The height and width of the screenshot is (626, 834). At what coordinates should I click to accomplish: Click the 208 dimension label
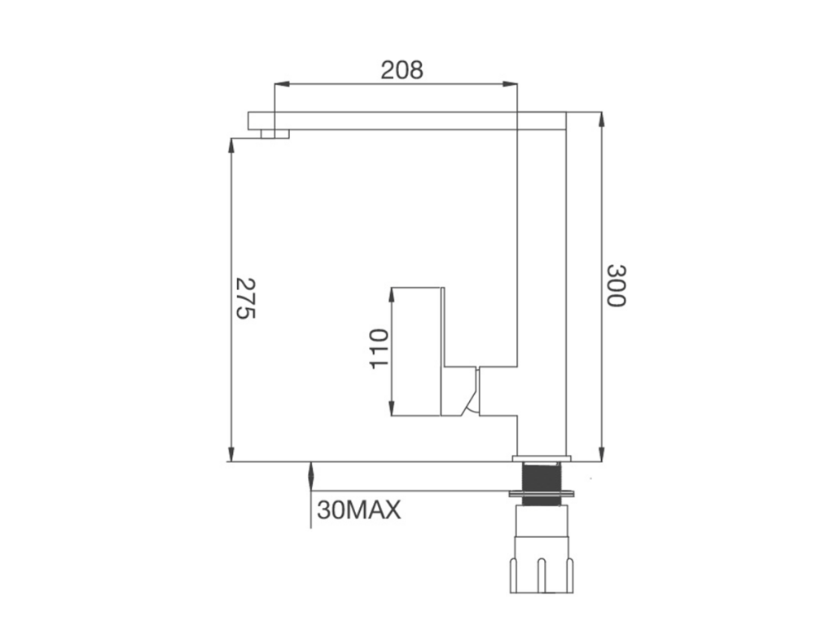click(402, 70)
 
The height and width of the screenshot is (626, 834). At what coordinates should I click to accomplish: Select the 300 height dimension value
click(617, 286)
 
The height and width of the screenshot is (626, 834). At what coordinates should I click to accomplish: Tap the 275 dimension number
click(246, 298)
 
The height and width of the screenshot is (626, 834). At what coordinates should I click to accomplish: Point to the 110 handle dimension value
click(379, 349)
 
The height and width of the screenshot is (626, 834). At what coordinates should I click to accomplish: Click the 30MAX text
click(359, 510)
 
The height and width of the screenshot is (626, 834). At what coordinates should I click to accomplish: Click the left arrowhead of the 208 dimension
click(281, 84)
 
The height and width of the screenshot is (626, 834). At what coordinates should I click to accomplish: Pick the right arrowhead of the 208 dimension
click(510, 84)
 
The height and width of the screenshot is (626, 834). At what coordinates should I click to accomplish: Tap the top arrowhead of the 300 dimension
click(602, 120)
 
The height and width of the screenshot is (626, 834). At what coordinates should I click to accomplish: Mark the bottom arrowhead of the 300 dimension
click(602, 454)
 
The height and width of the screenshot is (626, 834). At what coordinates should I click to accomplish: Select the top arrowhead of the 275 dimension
click(231, 146)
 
